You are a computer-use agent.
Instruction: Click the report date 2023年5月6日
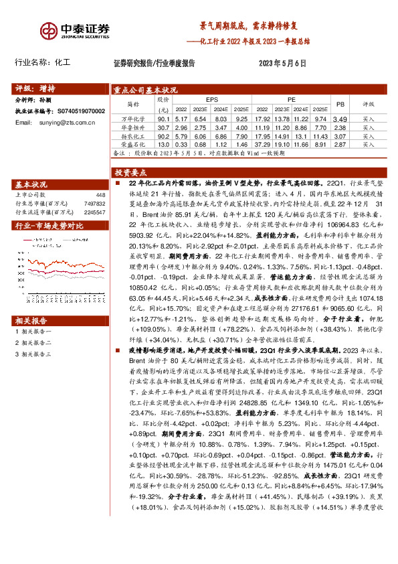[282, 64]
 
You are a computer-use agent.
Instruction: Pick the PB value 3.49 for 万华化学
[340, 119]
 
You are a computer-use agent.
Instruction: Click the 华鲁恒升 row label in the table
[132, 127]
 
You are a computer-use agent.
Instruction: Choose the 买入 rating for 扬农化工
[369, 136]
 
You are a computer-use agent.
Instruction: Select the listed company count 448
[100, 195]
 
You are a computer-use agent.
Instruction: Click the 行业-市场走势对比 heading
[50, 226]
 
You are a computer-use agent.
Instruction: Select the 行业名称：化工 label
[42, 64]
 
